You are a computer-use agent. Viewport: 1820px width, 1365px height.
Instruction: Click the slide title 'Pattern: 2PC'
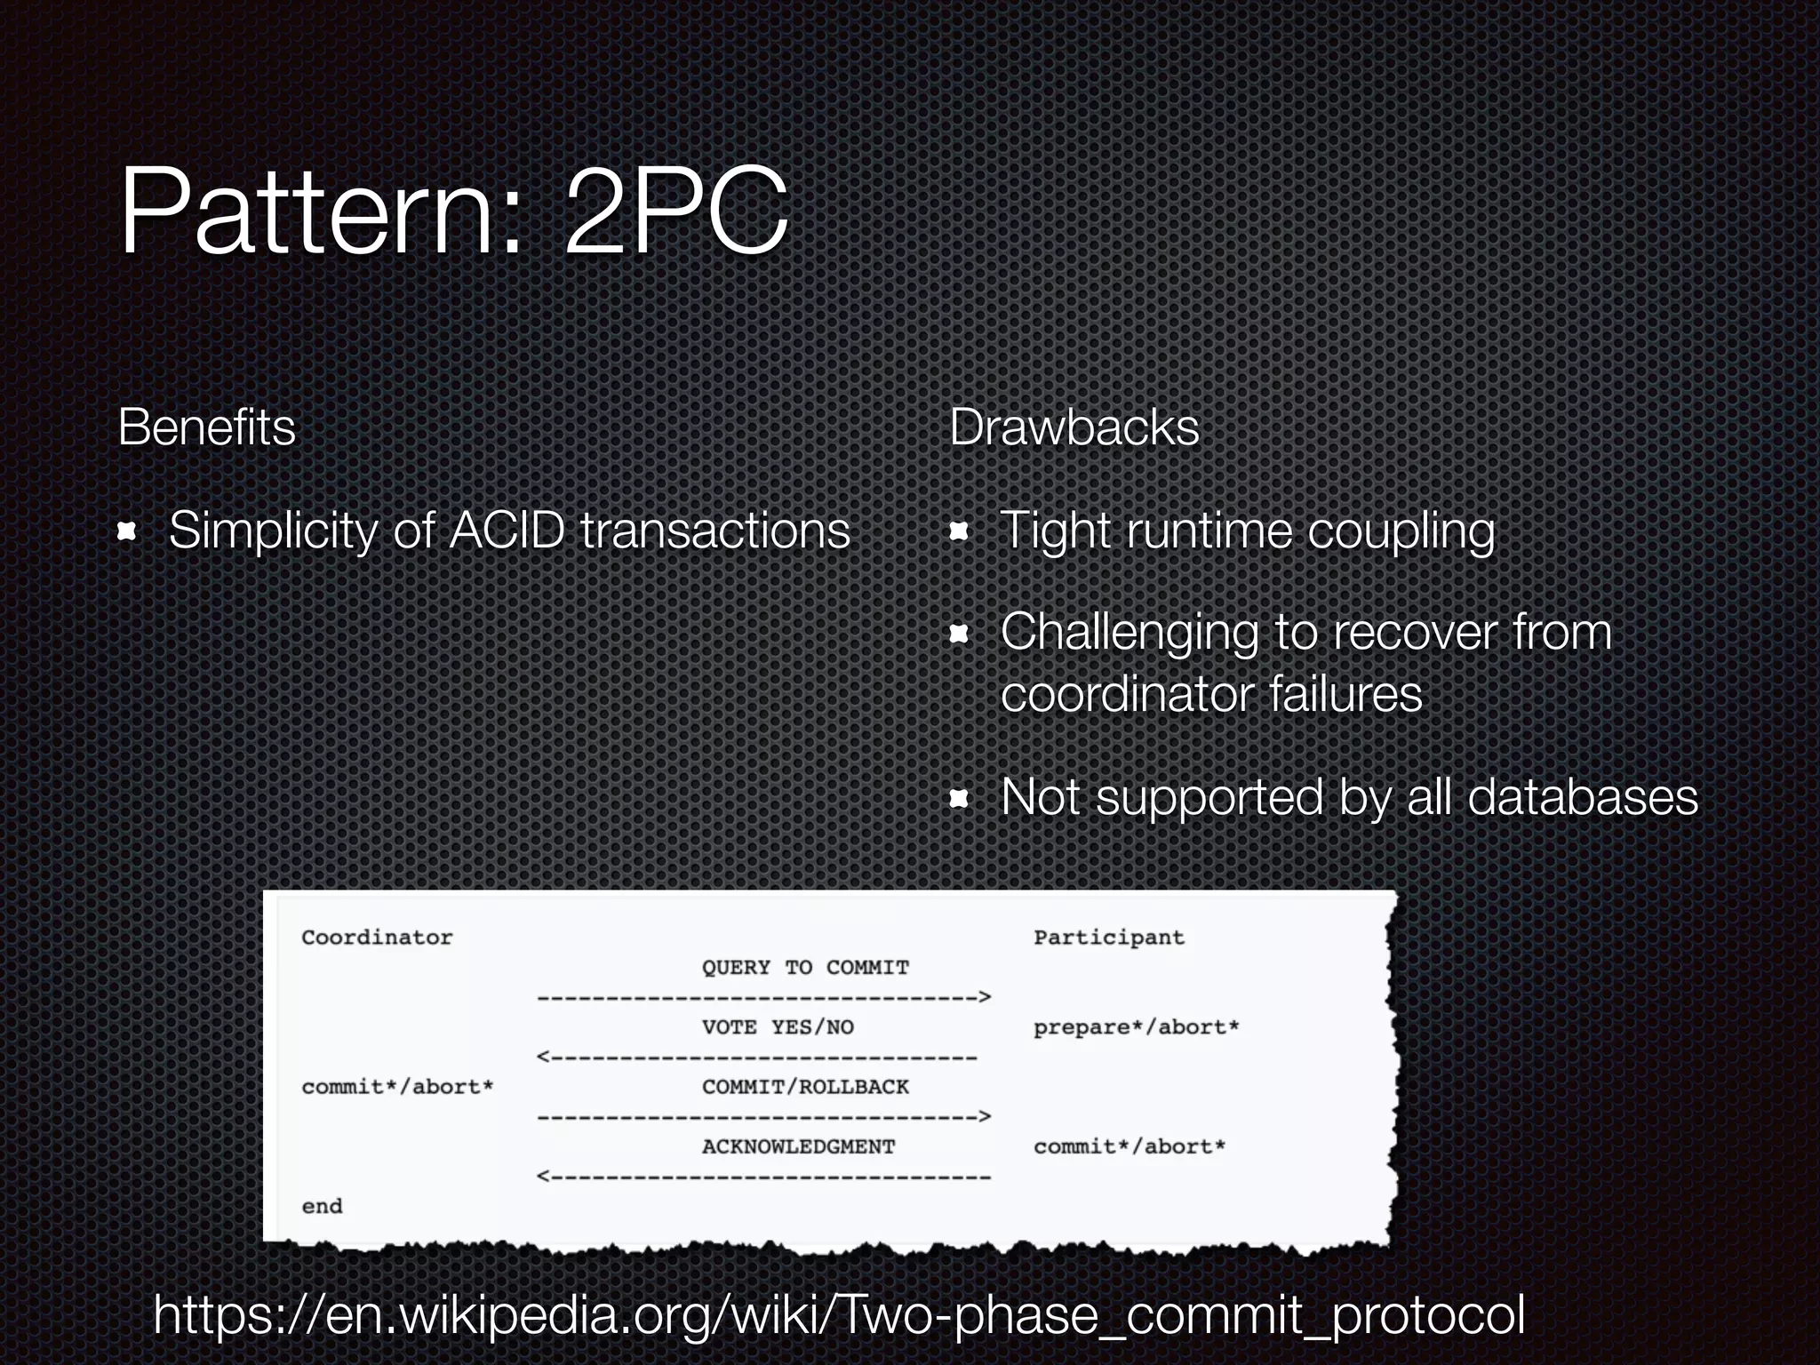(453, 213)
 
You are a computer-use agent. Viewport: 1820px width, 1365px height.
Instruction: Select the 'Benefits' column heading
(206, 427)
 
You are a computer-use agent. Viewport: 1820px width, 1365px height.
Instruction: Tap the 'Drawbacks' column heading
(1074, 427)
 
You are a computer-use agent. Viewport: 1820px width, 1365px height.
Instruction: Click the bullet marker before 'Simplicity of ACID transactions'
(128, 531)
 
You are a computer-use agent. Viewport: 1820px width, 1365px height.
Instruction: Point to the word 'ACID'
(507, 531)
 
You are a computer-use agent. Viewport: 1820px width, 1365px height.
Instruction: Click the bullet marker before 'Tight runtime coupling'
(959, 531)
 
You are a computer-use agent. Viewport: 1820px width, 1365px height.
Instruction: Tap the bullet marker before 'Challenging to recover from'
(959, 634)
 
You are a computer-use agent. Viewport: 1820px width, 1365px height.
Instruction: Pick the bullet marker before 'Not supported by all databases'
(959, 798)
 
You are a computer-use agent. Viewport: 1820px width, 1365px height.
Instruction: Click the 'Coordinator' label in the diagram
(377, 938)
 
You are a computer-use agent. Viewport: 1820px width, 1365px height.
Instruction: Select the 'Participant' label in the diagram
(1108, 938)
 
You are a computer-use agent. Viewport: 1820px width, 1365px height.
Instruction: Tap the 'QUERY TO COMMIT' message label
(805, 967)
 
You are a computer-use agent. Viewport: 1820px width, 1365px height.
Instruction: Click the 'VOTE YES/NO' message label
(778, 1027)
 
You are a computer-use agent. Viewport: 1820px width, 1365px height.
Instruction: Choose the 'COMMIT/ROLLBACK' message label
(805, 1087)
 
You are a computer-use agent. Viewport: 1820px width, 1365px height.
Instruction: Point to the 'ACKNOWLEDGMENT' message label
(798, 1146)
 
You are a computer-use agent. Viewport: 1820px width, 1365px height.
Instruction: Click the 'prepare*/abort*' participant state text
(1136, 1027)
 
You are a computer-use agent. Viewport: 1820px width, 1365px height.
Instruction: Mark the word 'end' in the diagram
(322, 1206)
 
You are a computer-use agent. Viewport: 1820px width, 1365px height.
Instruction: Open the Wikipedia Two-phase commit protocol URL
(839, 1315)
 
